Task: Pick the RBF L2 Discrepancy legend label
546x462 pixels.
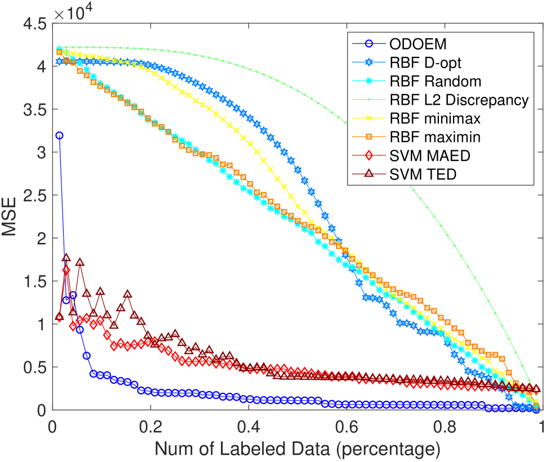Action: [458, 100]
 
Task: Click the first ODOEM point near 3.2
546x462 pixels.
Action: [59, 135]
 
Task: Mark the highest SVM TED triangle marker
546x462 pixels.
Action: [66, 257]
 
